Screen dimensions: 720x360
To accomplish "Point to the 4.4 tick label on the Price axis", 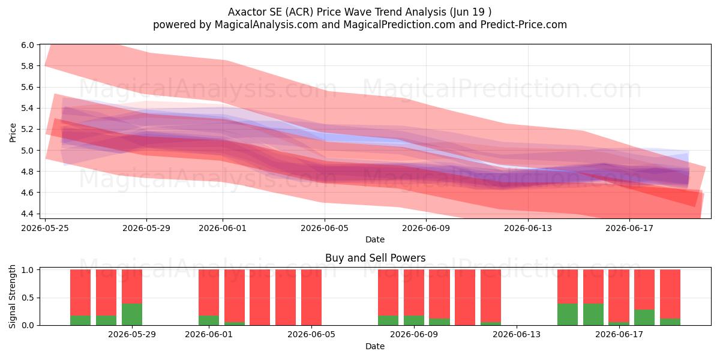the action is tap(28, 214).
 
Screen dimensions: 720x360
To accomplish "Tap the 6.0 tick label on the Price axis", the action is tap(28, 45).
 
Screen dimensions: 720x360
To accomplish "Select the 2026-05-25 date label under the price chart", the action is tap(45, 228).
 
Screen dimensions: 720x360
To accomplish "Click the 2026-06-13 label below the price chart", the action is tap(528, 228).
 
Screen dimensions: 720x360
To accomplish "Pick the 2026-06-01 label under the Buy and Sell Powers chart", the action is tap(209, 335).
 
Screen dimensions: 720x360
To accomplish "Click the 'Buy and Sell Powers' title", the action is tap(375, 258).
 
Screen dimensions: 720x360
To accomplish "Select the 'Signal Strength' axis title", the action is tap(12, 296).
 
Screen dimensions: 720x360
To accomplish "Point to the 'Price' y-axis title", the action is tap(13, 133).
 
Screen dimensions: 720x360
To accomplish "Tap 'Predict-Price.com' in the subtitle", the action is tap(524, 25).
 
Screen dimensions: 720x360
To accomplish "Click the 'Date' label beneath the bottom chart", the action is tap(375, 346).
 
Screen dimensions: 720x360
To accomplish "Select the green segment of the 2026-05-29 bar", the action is tap(132, 314).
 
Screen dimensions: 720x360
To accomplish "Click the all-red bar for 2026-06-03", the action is tap(260, 298).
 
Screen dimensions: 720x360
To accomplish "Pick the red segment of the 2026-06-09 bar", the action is tap(413, 293).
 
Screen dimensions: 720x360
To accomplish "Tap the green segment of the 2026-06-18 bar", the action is tap(644, 317).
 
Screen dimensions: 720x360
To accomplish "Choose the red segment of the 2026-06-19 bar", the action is tap(670, 294).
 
